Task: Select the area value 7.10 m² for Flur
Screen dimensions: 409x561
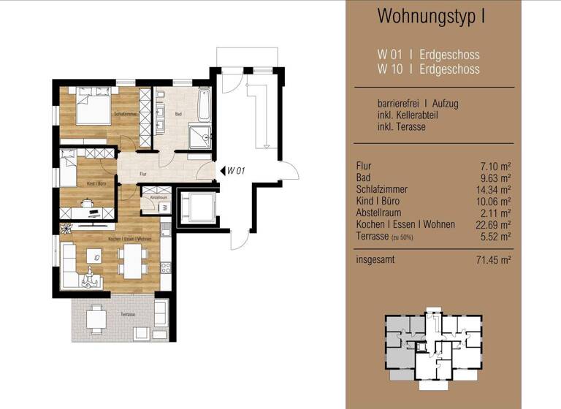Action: pyautogui.click(x=495, y=166)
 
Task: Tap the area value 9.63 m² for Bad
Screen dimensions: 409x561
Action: pyautogui.click(x=495, y=177)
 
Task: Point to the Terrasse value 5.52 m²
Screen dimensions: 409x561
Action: pyautogui.click(x=495, y=236)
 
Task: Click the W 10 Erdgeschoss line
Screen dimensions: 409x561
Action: pyautogui.click(x=428, y=69)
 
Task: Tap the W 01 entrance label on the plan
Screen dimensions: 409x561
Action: pyautogui.click(x=235, y=171)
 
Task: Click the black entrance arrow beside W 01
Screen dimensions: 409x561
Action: pyautogui.click(x=222, y=171)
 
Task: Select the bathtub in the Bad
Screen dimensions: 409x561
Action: pyautogui.click(x=204, y=107)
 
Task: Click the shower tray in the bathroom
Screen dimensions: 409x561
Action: pyautogui.click(x=199, y=136)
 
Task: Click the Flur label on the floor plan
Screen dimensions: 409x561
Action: pyautogui.click(x=145, y=173)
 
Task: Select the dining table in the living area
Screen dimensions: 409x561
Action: pyautogui.click(x=133, y=259)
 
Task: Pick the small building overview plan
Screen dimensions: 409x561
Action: pyautogui.click(x=434, y=348)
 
